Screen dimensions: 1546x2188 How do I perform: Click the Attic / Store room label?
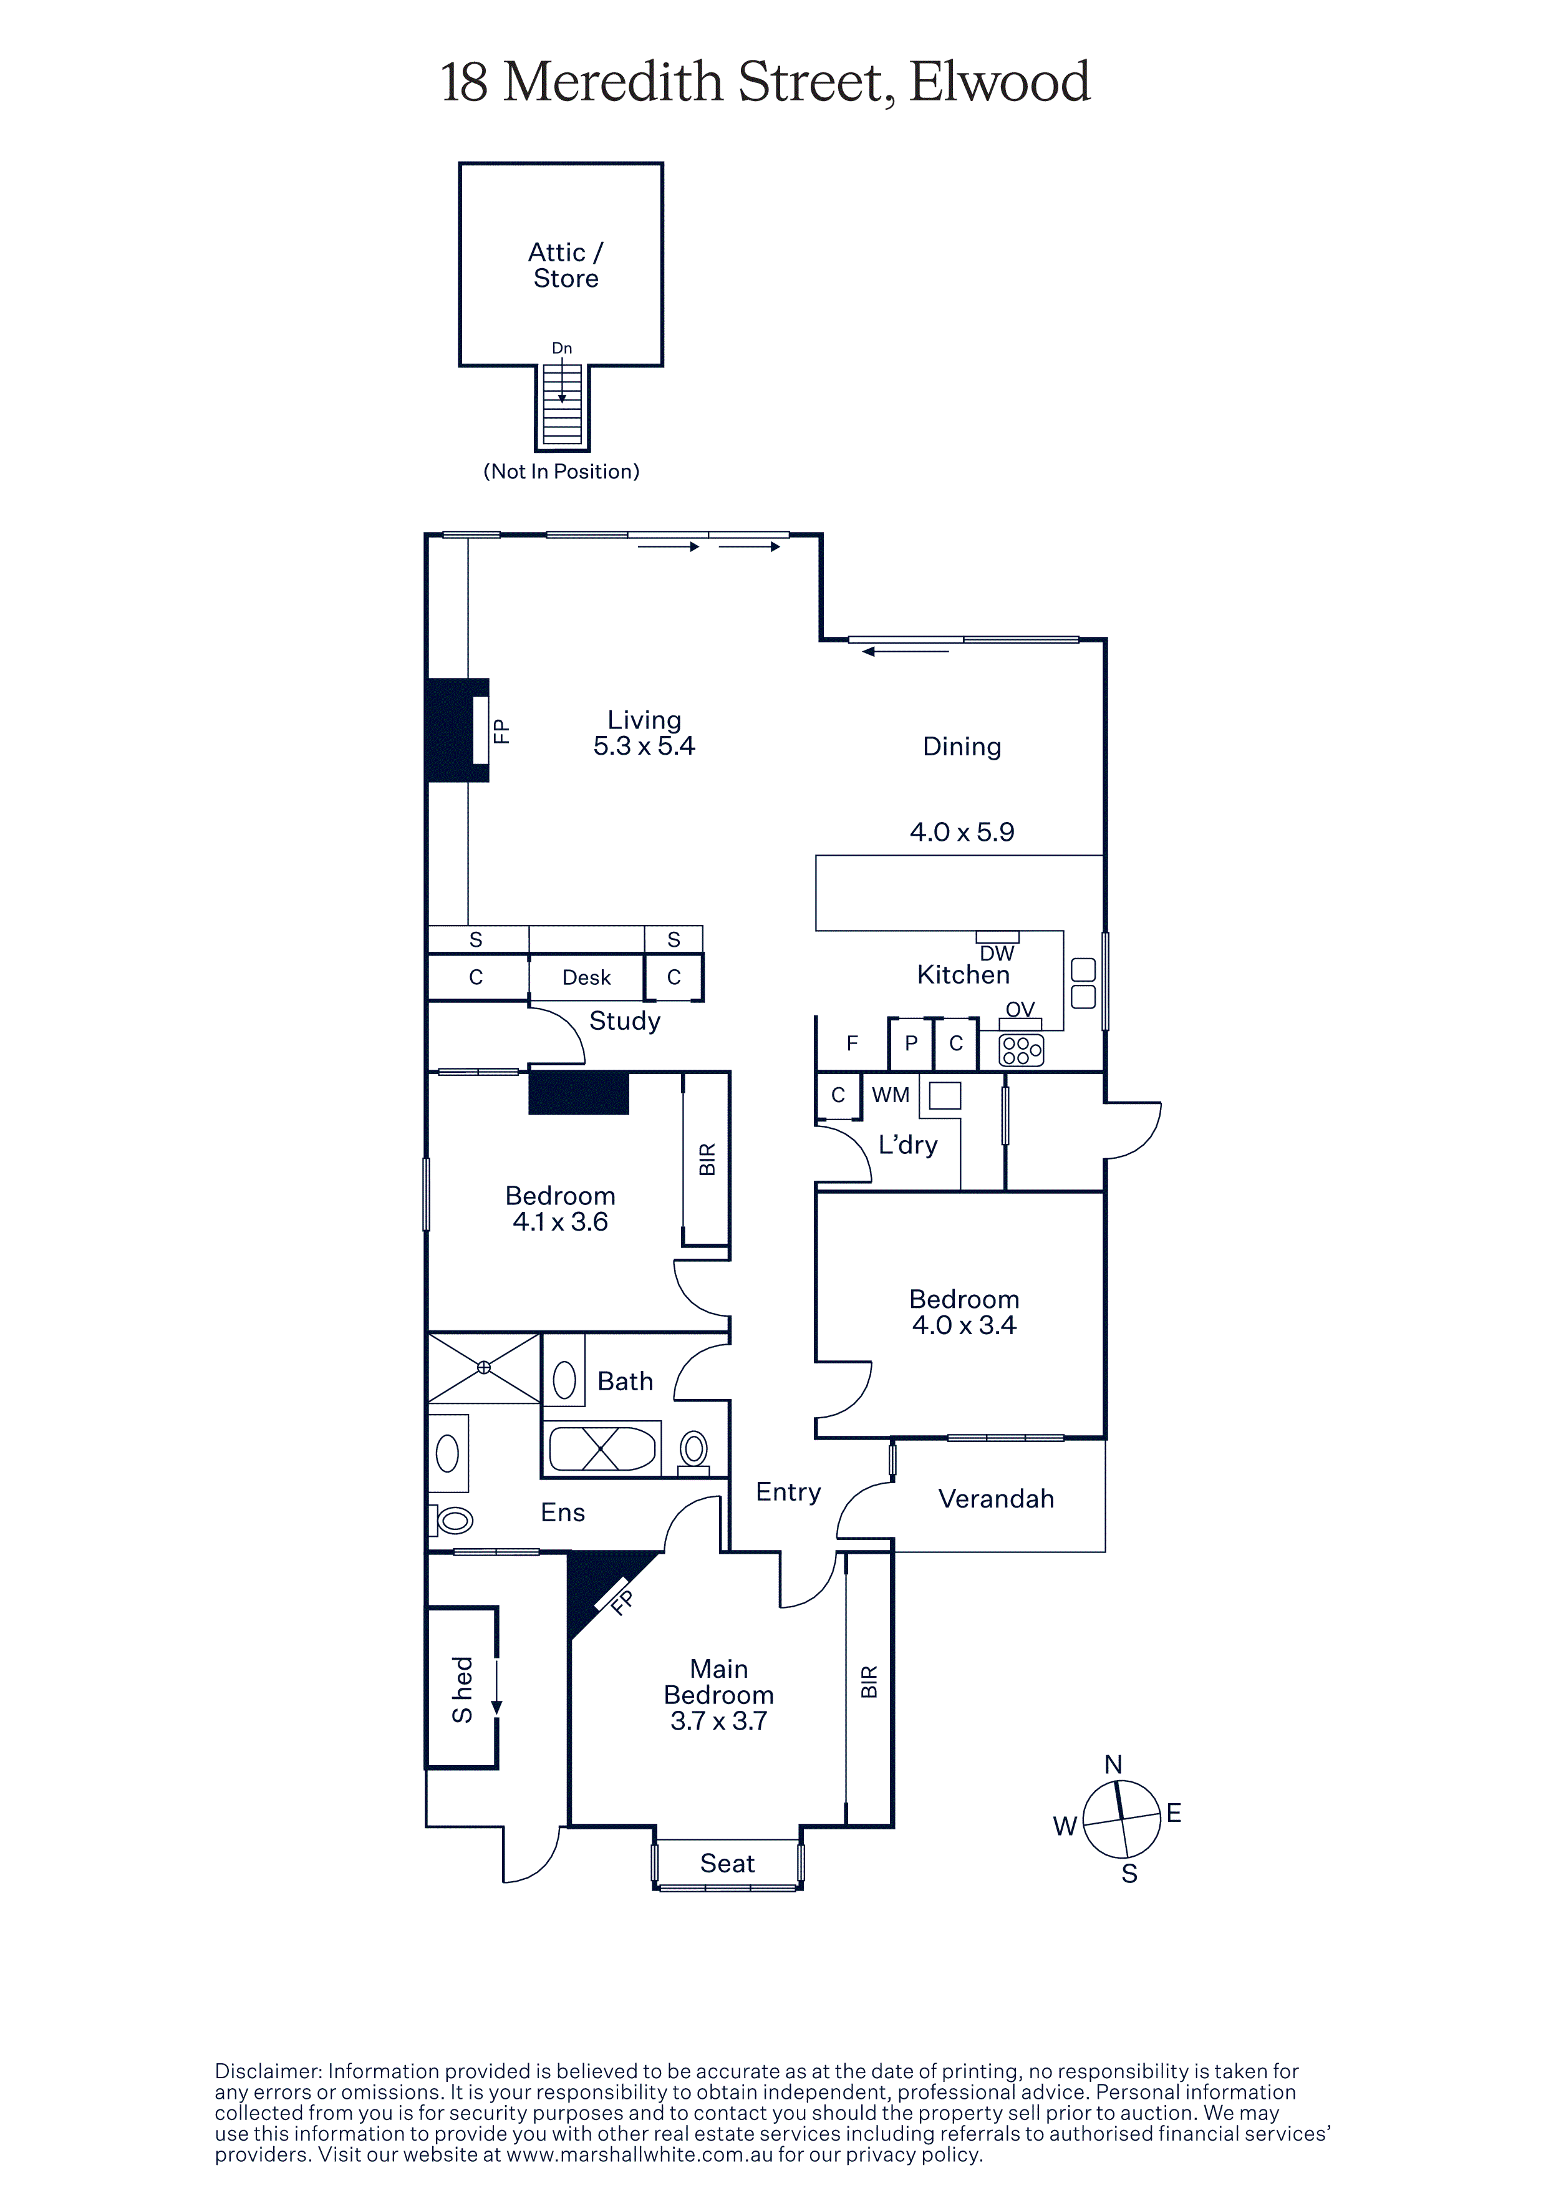point(566,265)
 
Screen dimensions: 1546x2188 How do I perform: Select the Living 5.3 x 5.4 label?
point(644,733)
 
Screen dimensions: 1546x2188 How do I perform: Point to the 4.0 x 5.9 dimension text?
point(962,832)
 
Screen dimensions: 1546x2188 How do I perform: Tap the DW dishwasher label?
point(997,953)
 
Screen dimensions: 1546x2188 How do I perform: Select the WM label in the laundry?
point(891,1095)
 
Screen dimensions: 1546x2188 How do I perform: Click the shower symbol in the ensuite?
point(484,1367)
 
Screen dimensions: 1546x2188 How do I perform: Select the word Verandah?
point(997,1499)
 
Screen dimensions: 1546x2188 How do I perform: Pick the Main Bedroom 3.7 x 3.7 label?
point(719,1695)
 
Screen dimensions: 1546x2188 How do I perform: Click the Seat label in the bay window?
point(728,1863)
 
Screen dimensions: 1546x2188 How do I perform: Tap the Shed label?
point(462,1690)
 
